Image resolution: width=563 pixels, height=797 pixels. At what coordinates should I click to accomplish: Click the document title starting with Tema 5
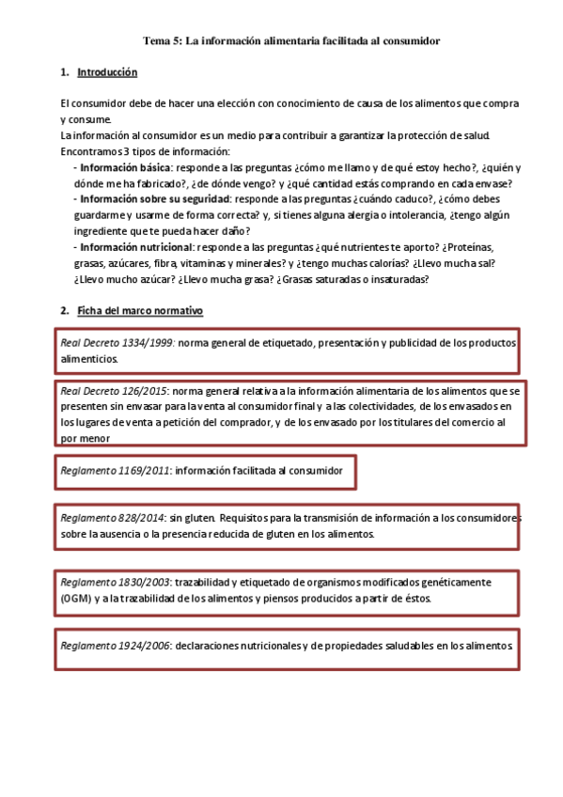[291, 41]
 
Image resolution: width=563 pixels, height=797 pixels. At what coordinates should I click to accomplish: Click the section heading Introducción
[107, 72]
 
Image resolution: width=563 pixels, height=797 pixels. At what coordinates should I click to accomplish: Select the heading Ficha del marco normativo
[140, 310]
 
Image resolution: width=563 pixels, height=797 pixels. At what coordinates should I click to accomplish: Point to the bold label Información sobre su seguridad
[155, 199]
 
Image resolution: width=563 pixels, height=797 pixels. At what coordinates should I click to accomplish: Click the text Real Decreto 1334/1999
[117, 343]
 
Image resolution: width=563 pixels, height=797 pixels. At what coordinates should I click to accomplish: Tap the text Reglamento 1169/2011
[115, 469]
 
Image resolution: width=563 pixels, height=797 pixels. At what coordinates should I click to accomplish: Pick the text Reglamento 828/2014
[112, 518]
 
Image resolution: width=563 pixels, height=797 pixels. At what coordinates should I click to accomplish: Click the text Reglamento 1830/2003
[115, 582]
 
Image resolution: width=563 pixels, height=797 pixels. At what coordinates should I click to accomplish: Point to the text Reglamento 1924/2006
[115, 646]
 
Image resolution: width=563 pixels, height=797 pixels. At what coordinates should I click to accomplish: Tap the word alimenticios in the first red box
[89, 359]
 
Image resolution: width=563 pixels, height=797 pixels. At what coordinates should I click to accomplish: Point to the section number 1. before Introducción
[64, 72]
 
